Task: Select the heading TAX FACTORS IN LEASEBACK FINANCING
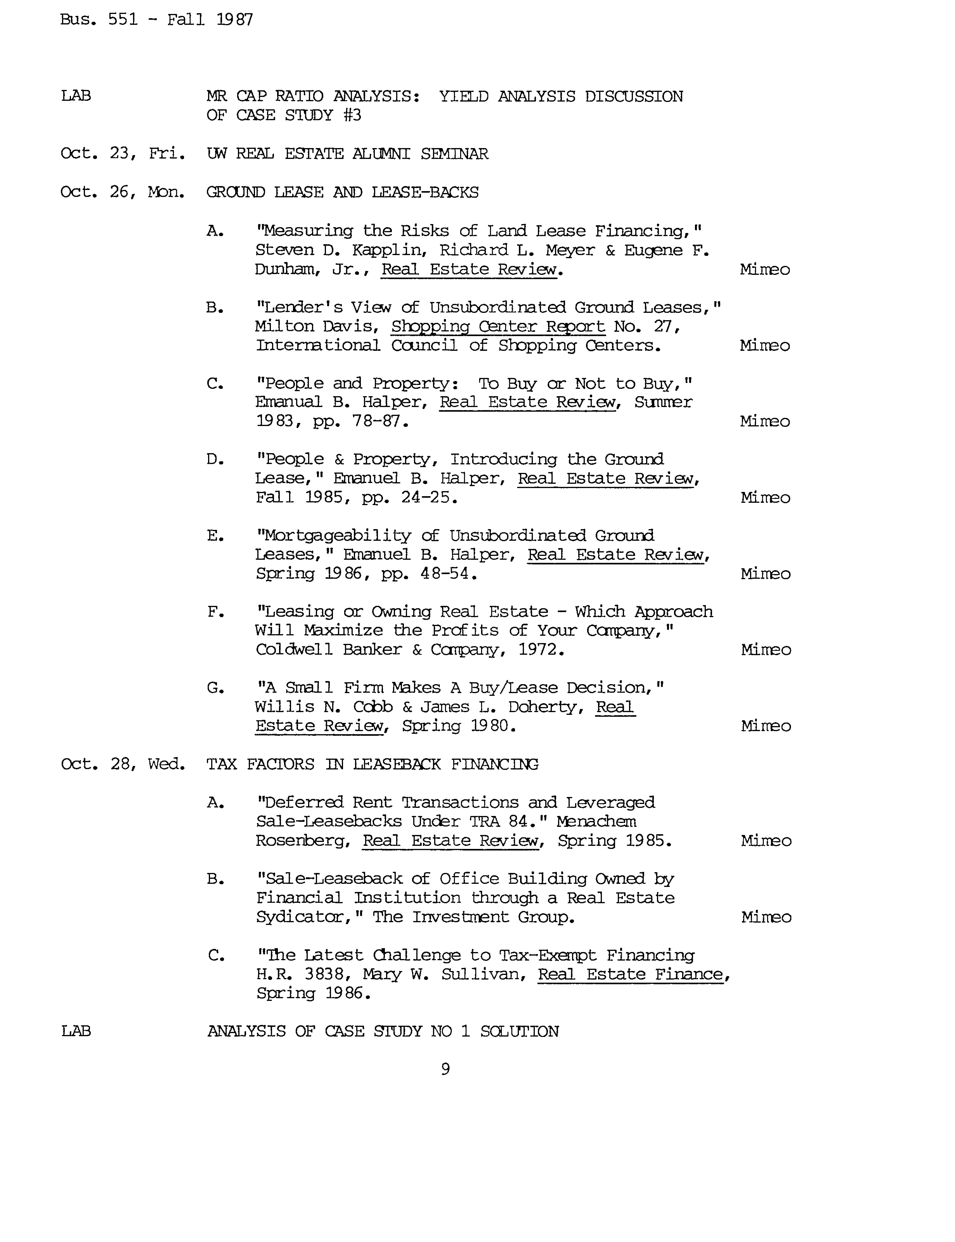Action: [372, 764]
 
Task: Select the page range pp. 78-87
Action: [360, 422]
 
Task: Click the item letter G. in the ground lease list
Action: [215, 688]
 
